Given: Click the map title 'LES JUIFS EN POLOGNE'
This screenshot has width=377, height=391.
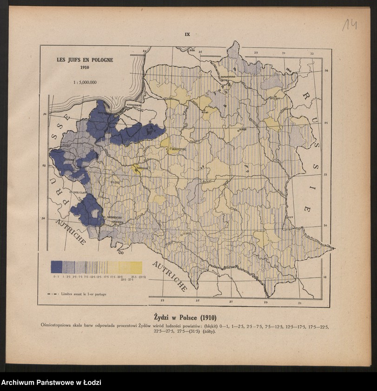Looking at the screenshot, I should [85, 60].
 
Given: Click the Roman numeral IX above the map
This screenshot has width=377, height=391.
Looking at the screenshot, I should [188, 34].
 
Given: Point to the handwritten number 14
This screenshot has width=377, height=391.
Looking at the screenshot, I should [350, 25].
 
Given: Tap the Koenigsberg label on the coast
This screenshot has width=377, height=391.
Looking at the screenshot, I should [134, 105].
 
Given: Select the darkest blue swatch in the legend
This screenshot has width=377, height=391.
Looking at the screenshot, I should [56, 267].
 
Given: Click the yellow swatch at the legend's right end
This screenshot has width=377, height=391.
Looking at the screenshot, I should [136, 267].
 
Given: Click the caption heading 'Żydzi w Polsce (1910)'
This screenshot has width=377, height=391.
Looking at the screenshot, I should [185, 317].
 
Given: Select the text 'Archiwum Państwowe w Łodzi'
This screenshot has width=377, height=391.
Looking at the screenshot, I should [51, 383].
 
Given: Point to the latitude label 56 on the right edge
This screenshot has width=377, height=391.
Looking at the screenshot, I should [326, 70].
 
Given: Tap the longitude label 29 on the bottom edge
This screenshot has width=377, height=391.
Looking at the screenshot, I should [266, 302].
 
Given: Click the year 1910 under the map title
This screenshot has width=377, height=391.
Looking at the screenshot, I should [85, 67].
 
